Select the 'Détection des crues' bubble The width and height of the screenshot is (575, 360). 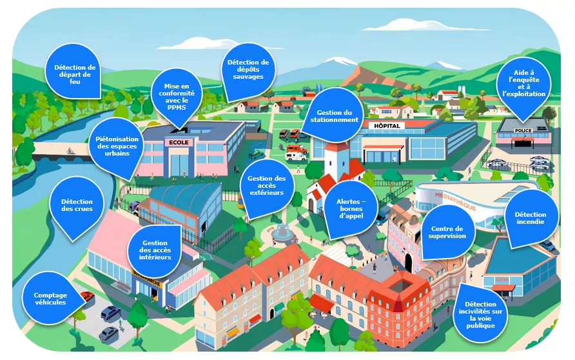(77, 207)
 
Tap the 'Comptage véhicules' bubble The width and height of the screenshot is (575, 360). (52, 298)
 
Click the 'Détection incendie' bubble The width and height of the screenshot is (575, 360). (531, 219)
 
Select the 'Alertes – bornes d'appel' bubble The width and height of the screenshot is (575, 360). (351, 209)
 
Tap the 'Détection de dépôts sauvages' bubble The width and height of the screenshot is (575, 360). (248, 70)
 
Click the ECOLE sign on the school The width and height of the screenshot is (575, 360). (179, 143)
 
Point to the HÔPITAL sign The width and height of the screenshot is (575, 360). (387, 126)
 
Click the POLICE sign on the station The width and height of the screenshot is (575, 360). (523, 130)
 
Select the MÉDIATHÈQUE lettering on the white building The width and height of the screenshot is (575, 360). (455, 201)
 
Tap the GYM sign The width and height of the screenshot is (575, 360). (502, 280)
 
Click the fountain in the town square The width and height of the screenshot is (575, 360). (282, 233)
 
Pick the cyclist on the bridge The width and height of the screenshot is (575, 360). (70, 151)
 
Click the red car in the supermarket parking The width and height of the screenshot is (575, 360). (87, 295)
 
